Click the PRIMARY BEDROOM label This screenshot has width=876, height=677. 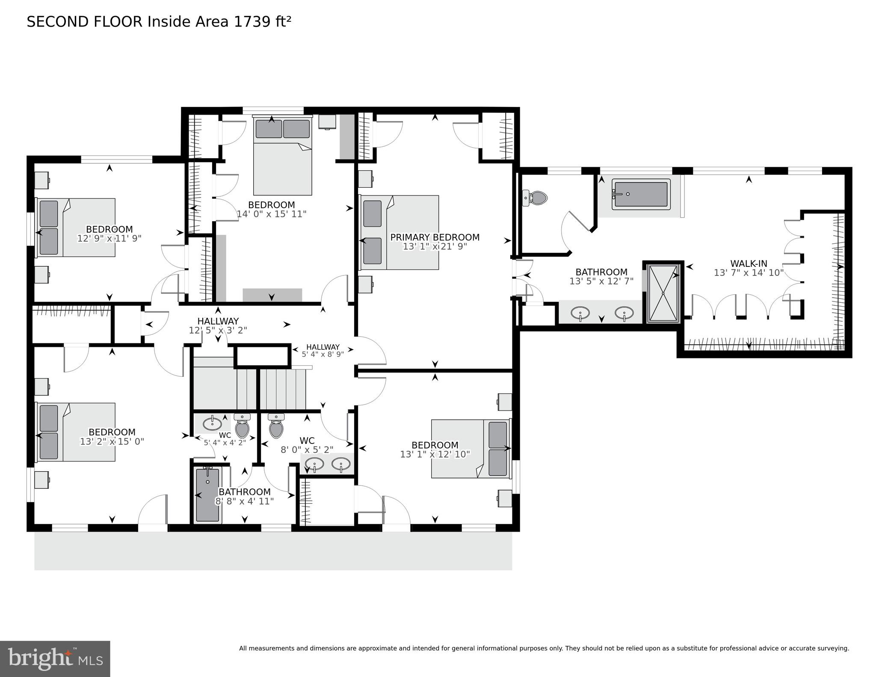(435, 237)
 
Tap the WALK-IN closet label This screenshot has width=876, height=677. (749, 263)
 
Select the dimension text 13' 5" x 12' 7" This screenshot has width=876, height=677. (601, 281)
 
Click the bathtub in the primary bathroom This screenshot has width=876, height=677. (640, 195)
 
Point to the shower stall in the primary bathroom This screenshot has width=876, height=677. (663, 293)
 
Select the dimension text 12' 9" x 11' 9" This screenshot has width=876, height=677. (109, 239)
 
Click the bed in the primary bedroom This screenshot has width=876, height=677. (400, 233)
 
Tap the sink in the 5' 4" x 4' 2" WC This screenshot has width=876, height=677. (212, 424)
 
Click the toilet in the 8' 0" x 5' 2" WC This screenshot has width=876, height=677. (276, 426)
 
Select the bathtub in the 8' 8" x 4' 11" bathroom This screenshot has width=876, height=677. (207, 495)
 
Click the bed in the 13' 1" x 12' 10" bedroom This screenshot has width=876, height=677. (471, 448)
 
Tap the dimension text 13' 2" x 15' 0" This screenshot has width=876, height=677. (112, 441)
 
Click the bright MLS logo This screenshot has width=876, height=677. (55, 659)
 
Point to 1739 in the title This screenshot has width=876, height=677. (252, 22)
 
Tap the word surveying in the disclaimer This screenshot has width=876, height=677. (832, 648)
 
